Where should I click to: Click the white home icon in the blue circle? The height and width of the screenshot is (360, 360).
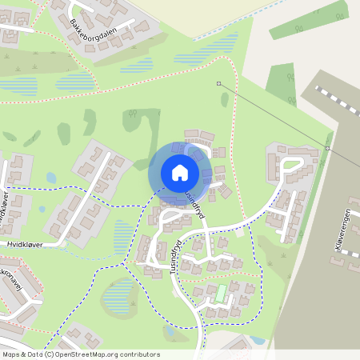coord(180,172)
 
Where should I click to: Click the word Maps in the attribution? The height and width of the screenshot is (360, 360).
coord(12,354)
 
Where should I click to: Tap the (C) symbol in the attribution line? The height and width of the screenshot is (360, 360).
coord(50,354)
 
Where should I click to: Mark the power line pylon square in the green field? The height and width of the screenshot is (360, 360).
coord(218,83)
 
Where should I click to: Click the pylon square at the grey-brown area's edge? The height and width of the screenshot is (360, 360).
coord(327,148)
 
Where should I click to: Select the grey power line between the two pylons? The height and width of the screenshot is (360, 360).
coord(272,115)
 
